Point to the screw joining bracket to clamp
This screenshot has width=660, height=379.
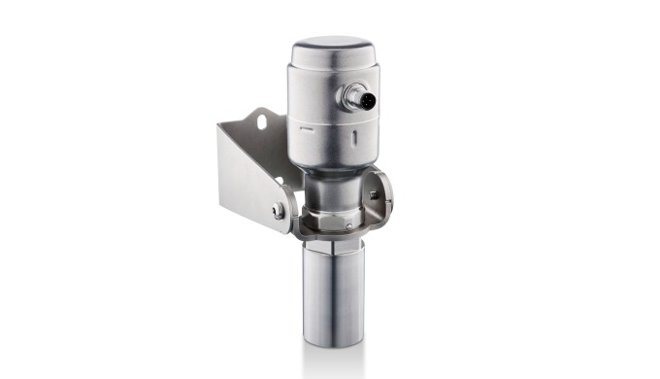click(280, 210)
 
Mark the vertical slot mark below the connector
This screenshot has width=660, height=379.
click(359, 138)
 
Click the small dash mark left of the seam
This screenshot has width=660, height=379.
click(304, 127)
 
